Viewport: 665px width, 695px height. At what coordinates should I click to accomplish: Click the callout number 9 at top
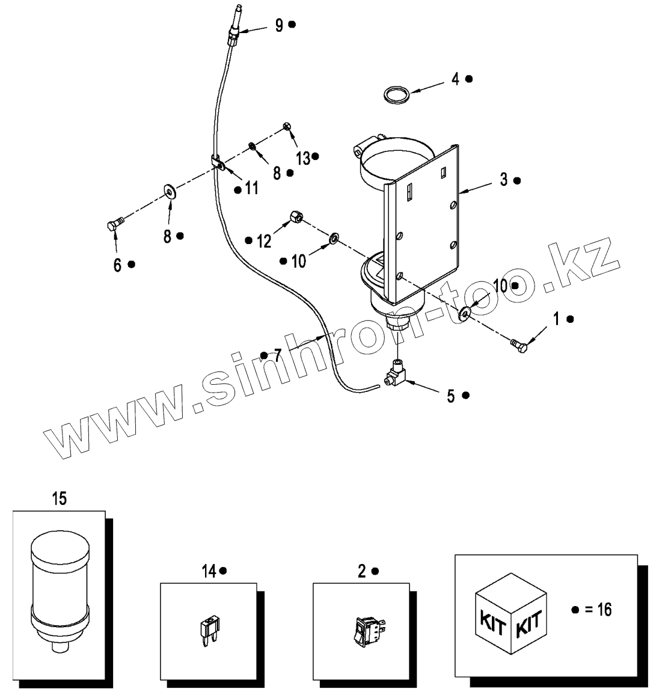tap(279, 25)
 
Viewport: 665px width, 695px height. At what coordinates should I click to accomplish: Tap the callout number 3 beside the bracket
tap(503, 179)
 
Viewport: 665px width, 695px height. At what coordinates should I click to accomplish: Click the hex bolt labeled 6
tap(114, 225)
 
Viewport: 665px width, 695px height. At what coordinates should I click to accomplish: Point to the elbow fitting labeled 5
tap(396, 373)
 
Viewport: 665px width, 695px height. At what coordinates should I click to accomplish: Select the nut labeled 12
tap(296, 216)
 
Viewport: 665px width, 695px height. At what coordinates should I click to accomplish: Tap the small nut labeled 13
tap(287, 126)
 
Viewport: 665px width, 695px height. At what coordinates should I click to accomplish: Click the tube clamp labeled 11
tap(218, 164)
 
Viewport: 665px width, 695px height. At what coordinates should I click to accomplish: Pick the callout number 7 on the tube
tap(277, 355)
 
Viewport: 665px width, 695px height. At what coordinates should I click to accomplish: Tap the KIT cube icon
tap(511, 619)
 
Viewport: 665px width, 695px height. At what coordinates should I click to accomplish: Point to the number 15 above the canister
tap(59, 498)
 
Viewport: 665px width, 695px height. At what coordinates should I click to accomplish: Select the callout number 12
tap(264, 241)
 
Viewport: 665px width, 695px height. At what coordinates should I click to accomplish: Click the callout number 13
tap(303, 158)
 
